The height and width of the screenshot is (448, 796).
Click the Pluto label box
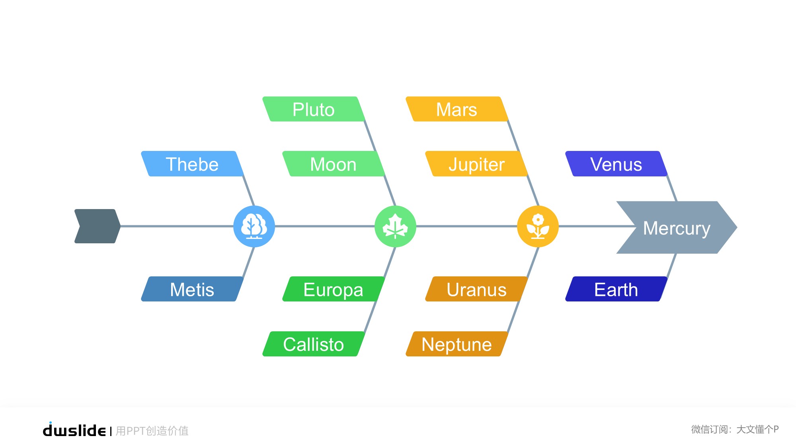coord(314,109)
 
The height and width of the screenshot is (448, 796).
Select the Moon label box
coord(333,164)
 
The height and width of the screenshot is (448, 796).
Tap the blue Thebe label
coord(192,164)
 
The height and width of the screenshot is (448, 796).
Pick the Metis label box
coord(192,289)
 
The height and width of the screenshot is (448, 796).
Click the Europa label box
coord(333,289)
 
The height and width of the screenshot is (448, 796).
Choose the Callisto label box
coord(314,344)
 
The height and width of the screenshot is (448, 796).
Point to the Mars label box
coord(457,109)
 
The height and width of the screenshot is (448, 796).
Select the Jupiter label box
coord(476,164)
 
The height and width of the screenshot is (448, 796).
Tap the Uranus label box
coord(476,289)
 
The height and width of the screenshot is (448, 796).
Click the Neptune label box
coord(457,344)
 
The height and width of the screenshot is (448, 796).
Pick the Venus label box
coord(616,164)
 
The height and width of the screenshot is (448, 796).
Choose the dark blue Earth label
coord(616,289)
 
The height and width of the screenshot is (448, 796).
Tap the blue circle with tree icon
coord(254,226)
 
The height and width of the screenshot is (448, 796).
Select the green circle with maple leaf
coord(395,226)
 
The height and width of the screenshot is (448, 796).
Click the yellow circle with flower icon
coord(538,226)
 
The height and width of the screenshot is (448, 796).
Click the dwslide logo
coord(74,430)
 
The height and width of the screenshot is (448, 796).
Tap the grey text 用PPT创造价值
coord(152,431)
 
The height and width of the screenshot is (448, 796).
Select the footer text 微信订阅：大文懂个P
coord(735,429)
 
